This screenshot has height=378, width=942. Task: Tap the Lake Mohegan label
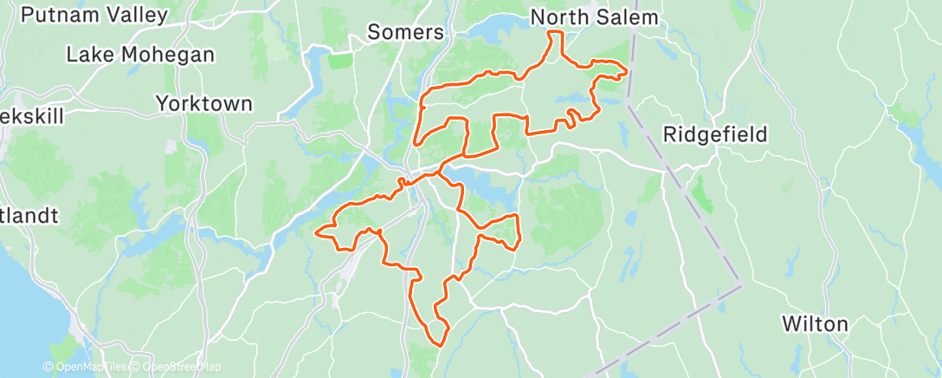point(140,55)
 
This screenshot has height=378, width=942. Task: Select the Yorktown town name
point(204,104)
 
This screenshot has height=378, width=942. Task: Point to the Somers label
point(405,33)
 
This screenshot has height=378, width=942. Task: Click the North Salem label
point(594,17)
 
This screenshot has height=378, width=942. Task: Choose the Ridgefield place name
point(716,134)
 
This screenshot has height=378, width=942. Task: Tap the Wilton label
point(815,324)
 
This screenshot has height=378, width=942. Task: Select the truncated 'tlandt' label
point(29,213)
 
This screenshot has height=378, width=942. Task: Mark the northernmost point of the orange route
point(554,32)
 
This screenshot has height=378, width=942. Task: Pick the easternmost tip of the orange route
point(625,74)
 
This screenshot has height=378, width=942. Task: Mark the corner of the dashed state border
point(742,283)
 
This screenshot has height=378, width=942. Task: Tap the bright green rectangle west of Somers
point(341,61)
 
